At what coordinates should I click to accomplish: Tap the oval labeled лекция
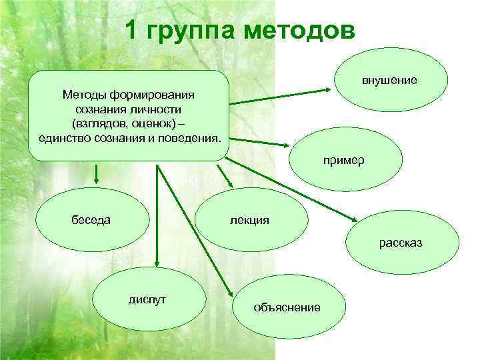[251, 221]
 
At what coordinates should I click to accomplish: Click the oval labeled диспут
[147, 301]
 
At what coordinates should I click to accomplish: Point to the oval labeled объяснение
[290, 307]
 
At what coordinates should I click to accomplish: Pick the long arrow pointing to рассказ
[293, 191]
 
